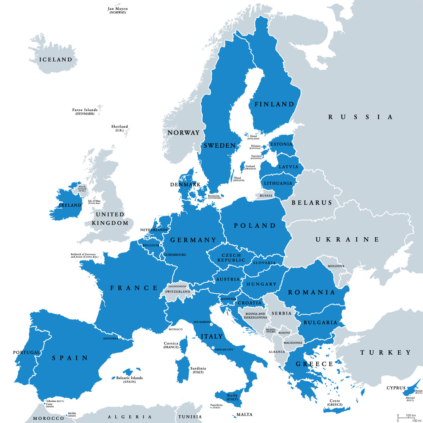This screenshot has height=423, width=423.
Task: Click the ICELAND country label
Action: click(x=56, y=60)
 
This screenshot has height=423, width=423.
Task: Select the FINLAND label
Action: click(x=274, y=104)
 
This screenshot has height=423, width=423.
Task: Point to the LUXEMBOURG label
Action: click(x=175, y=255)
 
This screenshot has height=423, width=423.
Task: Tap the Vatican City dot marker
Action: click(x=213, y=348)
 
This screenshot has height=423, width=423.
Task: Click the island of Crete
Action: click(x=337, y=410)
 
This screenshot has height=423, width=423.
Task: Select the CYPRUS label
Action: click(x=396, y=388)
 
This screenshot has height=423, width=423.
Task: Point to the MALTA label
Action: click(x=244, y=415)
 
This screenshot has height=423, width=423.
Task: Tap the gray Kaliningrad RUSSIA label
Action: click(x=266, y=196)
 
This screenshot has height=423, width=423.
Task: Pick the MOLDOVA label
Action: click(x=336, y=266)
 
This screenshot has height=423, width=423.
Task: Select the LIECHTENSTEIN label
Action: click(x=177, y=287)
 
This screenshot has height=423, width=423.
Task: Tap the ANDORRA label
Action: click(x=110, y=338)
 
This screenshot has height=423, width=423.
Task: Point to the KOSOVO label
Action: click(x=284, y=333)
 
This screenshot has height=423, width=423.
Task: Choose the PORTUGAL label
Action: click(x=26, y=352)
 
